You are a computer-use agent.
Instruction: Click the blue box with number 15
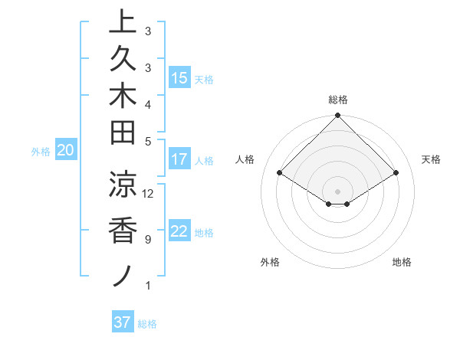point(179,77)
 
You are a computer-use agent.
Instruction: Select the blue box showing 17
point(179,159)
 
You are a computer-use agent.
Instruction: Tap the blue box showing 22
point(179,231)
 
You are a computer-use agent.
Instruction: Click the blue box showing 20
point(66,151)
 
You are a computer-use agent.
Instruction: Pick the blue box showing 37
point(122,322)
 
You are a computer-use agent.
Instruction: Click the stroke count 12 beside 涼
point(148,193)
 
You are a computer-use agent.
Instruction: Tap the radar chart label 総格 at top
point(337,100)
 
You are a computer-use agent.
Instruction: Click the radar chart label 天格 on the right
point(431,159)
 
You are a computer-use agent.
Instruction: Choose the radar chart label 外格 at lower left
point(270,262)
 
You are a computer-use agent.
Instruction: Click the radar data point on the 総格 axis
point(337,116)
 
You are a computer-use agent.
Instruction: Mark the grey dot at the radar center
point(337,191)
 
